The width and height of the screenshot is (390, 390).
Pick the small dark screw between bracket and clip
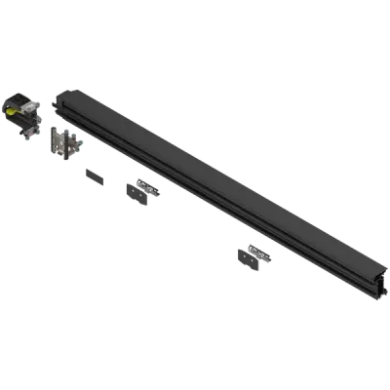pos(95,177)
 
